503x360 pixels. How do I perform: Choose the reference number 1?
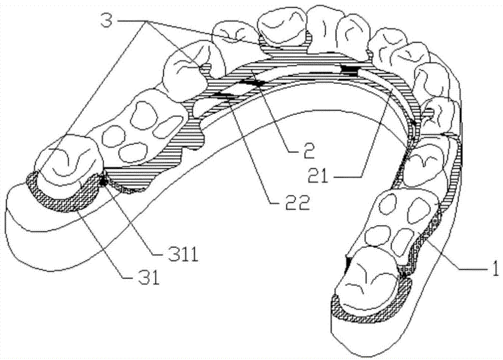pyautogui.click(x=495, y=268)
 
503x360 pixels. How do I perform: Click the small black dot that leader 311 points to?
pyautogui.click(x=103, y=182)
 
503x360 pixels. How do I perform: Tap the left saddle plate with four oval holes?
pyautogui.click(x=138, y=127)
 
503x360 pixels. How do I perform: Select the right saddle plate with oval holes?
pyautogui.click(x=401, y=222)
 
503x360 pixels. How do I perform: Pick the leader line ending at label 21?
pyautogui.click(x=376, y=133)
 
